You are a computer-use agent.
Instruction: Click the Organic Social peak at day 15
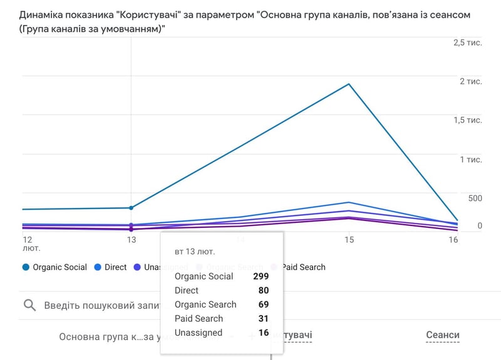click(x=348, y=84)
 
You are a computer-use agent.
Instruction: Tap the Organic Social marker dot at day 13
click(x=131, y=208)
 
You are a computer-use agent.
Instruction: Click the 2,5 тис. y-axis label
click(x=467, y=43)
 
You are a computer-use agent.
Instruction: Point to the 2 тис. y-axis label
click(x=470, y=81)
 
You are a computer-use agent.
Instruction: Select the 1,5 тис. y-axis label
click(x=467, y=120)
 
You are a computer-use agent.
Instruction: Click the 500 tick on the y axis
click(x=475, y=198)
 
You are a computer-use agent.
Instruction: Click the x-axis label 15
click(x=348, y=240)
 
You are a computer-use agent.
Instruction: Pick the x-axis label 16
click(x=453, y=240)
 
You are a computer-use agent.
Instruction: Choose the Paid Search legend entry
click(x=303, y=267)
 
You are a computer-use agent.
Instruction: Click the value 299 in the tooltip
click(x=261, y=277)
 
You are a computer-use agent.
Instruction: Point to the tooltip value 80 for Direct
click(x=263, y=291)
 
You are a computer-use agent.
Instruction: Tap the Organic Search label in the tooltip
click(x=205, y=305)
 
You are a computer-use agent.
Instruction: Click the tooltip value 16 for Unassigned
click(x=264, y=333)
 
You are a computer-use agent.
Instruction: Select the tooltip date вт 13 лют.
click(x=195, y=252)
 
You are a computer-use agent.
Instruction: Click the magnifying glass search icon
click(x=29, y=306)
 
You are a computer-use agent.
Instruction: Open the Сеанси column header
click(x=442, y=336)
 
